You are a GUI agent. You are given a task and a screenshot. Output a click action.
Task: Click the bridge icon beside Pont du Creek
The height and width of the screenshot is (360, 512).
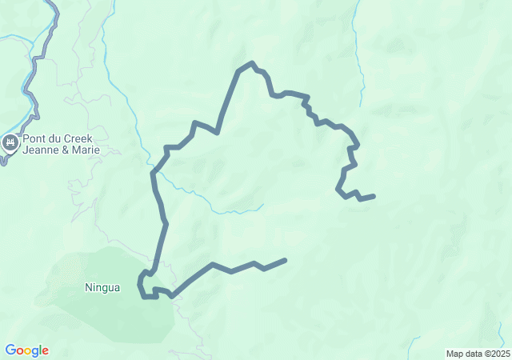(x=10, y=143)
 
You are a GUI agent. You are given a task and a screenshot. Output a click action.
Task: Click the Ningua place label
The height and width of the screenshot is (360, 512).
(x=102, y=287)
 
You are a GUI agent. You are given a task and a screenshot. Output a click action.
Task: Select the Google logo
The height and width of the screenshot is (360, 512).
(x=26, y=350)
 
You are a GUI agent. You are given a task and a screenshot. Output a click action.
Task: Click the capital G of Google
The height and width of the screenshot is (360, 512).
(x=10, y=350)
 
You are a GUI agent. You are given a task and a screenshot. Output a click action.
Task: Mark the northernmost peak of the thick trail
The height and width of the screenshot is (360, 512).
(x=252, y=62)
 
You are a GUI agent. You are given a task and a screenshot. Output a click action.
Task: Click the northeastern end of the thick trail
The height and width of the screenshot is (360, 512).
(x=374, y=196)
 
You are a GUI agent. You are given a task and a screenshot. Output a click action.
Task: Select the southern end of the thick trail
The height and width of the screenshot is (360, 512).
(x=285, y=260)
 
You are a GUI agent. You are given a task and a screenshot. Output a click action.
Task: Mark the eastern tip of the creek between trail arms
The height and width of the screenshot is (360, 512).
(x=262, y=206)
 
